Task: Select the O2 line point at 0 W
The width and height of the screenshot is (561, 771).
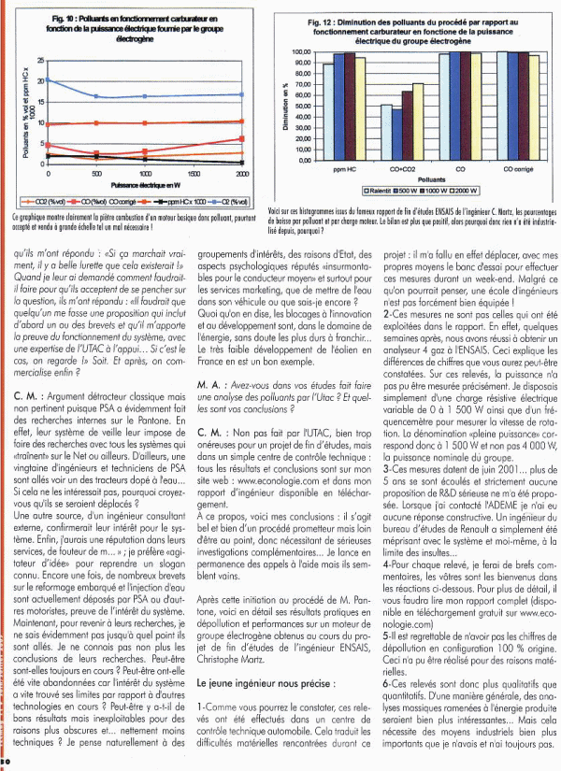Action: pos(49,80)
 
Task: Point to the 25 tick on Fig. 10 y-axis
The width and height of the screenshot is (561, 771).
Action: pos(40,60)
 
